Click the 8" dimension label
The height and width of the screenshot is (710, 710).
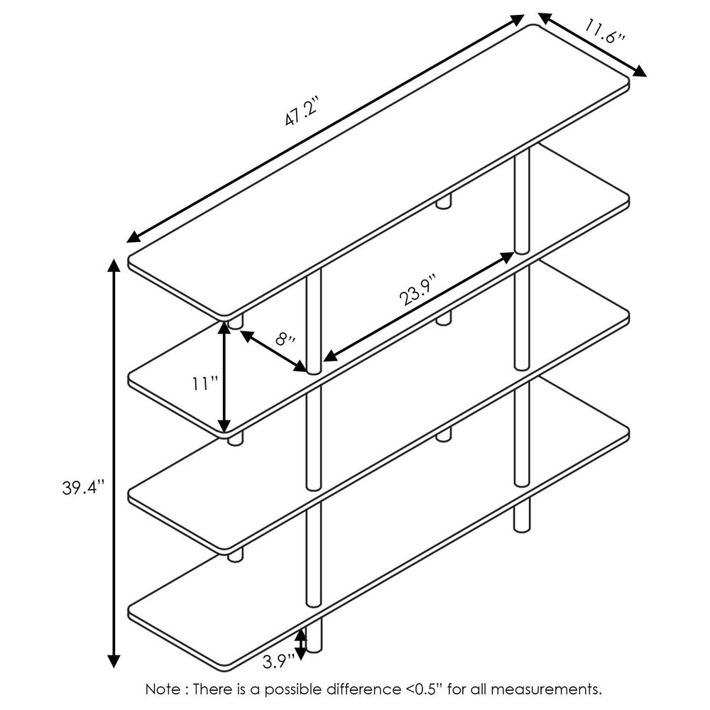coord(285,337)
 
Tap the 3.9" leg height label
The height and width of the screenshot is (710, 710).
coord(278,662)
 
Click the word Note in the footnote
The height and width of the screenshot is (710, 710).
coord(163,689)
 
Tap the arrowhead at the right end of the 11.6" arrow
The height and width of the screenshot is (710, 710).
coord(640,72)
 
